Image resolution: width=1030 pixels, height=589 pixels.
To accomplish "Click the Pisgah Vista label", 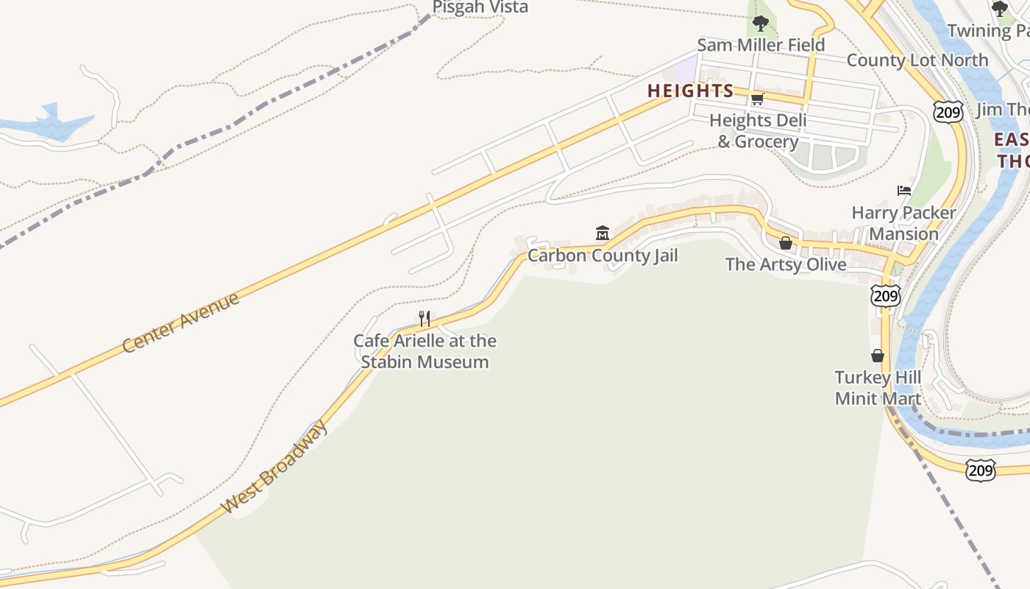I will click(480, 7).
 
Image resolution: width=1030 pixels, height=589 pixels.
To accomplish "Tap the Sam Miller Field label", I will click(761, 45).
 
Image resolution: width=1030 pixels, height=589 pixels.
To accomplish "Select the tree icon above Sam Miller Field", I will click(761, 24).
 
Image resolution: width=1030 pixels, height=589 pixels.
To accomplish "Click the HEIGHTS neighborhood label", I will click(690, 91).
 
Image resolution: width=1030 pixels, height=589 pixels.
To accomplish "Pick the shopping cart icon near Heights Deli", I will click(757, 99).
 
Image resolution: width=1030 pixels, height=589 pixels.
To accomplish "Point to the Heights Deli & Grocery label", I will click(758, 131).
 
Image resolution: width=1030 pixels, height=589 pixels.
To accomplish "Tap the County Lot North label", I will click(917, 60).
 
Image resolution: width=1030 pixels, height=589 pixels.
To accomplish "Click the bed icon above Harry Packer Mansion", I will click(904, 191).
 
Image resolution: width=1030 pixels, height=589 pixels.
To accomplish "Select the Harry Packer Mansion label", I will click(903, 223).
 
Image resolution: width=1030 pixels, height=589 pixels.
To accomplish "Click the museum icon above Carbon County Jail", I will click(603, 233).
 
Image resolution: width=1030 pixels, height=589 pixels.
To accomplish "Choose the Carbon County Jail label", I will click(603, 255).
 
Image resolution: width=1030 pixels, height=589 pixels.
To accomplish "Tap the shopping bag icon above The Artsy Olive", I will click(786, 243).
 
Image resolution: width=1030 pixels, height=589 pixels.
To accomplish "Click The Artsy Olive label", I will click(786, 264).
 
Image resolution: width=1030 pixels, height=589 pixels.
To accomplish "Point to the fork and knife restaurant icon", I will click(425, 319).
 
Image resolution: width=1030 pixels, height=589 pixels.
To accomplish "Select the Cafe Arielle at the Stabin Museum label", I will click(425, 351).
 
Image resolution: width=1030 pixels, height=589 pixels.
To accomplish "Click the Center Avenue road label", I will click(181, 322).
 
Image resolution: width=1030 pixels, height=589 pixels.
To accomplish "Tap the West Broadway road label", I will click(275, 467).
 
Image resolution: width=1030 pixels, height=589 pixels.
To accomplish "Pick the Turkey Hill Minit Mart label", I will click(878, 388).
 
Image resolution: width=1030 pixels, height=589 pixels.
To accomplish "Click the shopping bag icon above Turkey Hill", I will click(877, 356).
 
